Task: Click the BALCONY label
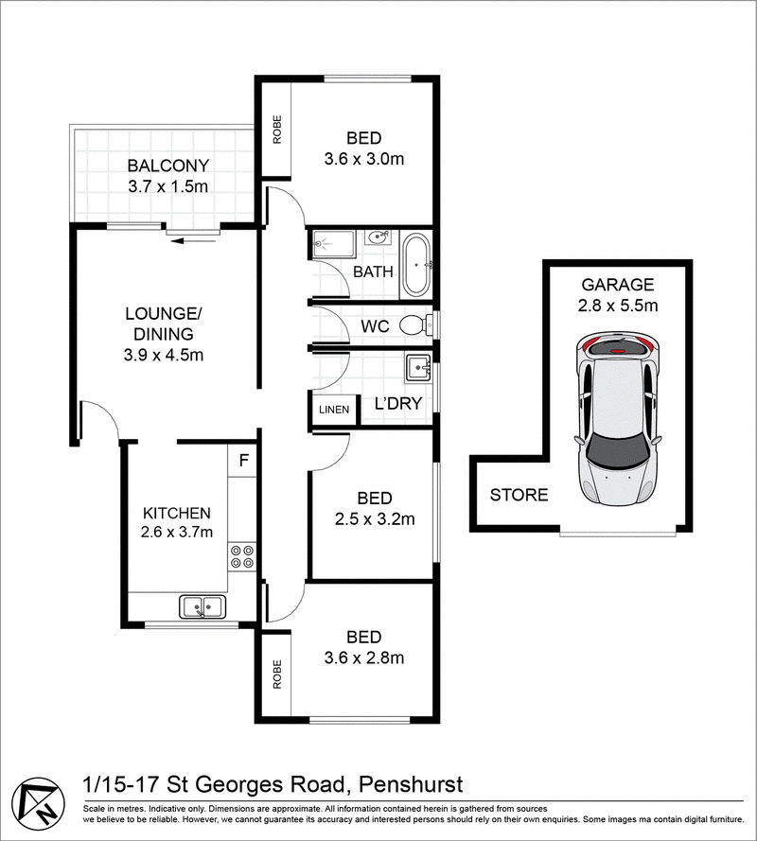pos(167,166)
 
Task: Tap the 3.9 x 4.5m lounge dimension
pos(164,355)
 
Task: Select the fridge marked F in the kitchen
pos(243,460)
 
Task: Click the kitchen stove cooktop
pos(242,556)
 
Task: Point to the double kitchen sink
pos(202,606)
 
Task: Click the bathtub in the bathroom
pos(416,265)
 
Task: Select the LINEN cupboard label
pos(334,410)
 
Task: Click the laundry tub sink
pos(418,369)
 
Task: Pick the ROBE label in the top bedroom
pos(277,130)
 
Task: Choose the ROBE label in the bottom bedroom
pos(277,675)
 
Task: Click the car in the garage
pos(618,419)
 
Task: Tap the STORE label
pos(519,495)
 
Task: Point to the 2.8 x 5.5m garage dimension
pos(618,306)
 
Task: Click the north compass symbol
pos(38,804)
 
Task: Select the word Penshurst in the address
pos(411,784)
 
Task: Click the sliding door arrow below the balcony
pos(193,241)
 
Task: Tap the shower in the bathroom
pos(333,245)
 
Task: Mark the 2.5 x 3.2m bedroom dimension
pos(375,518)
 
